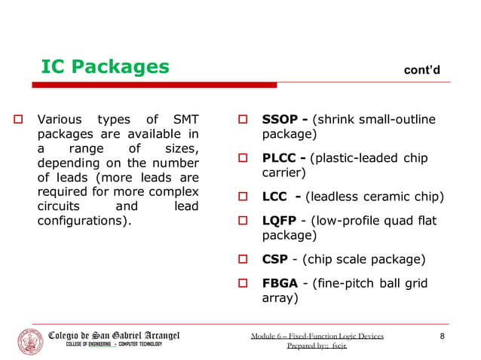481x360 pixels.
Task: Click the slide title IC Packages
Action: pyautogui.click(x=105, y=67)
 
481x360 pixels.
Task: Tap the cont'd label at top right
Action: pyautogui.click(x=422, y=70)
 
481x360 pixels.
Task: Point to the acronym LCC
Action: pyautogui.click(x=276, y=197)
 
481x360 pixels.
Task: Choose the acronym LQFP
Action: pyautogui.click(x=279, y=221)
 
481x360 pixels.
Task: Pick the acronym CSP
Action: pyautogui.click(x=274, y=260)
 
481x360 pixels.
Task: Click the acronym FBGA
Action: pyautogui.click(x=280, y=283)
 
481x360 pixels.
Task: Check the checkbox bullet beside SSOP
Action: pyautogui.click(x=244, y=120)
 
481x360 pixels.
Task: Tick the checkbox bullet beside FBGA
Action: pyautogui.click(x=244, y=284)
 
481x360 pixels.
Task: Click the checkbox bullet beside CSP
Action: pyautogui.click(x=244, y=261)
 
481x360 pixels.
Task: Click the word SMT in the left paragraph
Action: pyautogui.click(x=185, y=119)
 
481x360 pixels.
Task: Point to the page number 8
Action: pyautogui.click(x=443, y=336)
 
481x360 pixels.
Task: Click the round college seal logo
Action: pyautogui.click(x=30, y=341)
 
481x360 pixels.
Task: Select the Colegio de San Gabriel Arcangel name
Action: pyautogui.click(x=114, y=335)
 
